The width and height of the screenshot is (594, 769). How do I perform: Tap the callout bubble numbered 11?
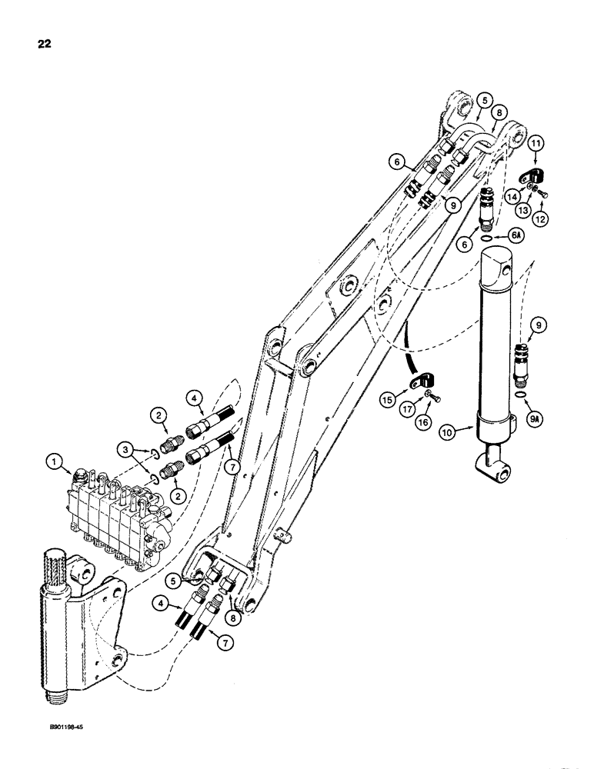click(x=536, y=142)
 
